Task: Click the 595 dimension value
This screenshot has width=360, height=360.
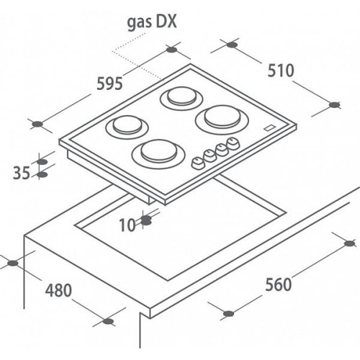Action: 109,84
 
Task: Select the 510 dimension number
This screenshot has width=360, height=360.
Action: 281,71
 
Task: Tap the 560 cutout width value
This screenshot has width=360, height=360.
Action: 279,284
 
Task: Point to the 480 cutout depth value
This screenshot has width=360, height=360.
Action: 58,290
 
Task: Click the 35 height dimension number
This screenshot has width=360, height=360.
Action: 22,173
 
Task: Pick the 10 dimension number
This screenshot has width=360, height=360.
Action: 127,225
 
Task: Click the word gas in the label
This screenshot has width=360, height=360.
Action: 140,23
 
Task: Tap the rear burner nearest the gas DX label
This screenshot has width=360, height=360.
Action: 181,98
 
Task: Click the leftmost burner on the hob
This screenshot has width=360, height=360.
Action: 127,127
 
